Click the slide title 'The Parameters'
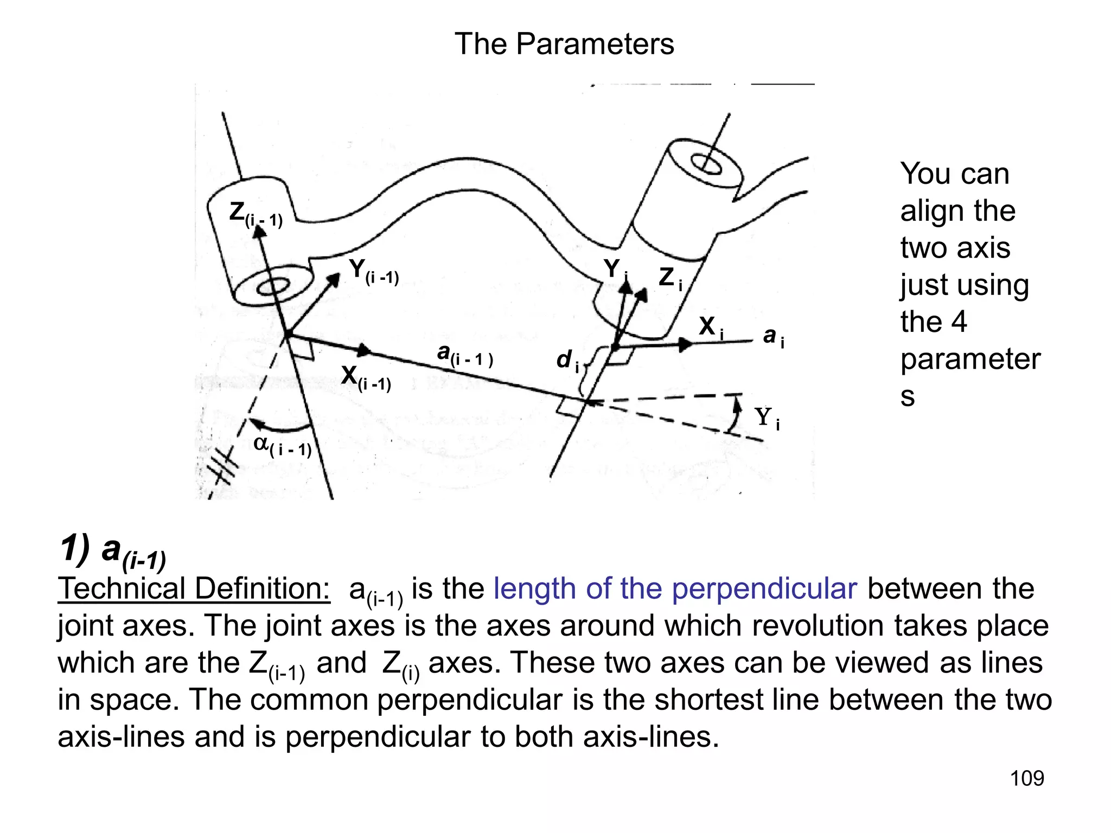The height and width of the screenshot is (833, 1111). pos(564,44)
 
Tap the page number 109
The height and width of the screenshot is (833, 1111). pos(1026,778)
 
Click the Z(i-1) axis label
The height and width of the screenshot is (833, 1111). pos(255,214)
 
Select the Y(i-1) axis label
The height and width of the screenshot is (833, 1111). pos(373,271)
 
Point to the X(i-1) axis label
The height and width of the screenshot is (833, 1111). pos(366,377)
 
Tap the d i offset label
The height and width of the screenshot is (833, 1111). pos(567,360)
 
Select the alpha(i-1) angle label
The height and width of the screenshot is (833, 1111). pos(282,446)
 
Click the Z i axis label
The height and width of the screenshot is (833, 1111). pos(670,278)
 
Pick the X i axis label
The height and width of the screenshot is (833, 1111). pos(711,327)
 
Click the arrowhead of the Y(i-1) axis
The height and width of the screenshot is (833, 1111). pos(334,279)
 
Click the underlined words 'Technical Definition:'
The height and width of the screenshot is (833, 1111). pos(194,589)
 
